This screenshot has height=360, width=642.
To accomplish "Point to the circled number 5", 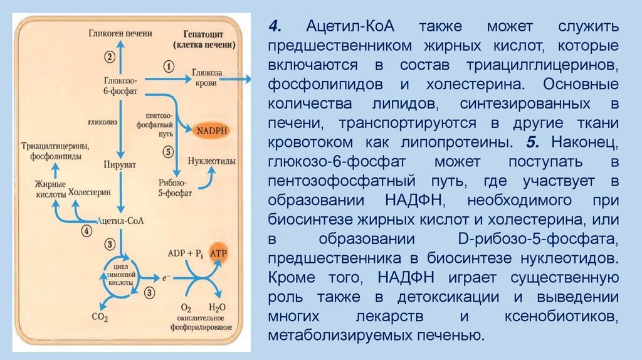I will click(167, 151).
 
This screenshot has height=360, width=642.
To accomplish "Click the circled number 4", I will click(87, 230).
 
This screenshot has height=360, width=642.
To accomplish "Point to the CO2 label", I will click(99, 318).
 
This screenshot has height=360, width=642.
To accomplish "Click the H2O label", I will click(217, 308).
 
